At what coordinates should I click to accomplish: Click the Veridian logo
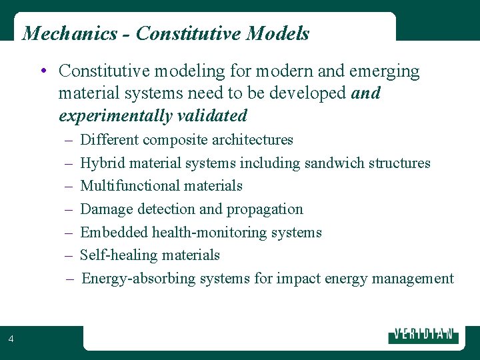point(423,335)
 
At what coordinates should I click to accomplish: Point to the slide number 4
point(11,339)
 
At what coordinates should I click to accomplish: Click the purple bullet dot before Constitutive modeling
point(42,71)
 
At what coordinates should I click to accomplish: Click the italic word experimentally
point(116,116)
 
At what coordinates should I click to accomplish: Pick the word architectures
point(252,140)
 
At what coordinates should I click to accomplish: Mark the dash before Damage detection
point(70,209)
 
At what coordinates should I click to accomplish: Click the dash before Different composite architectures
point(70,140)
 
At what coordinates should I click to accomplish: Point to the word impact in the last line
point(298,279)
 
